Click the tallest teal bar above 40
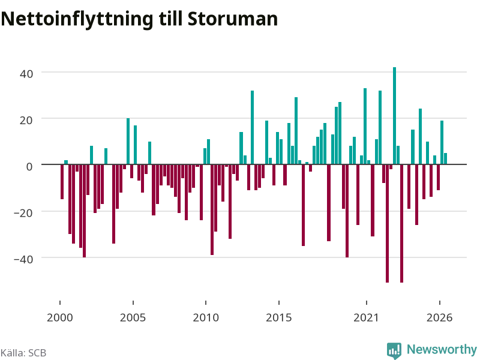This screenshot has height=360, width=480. click(x=394, y=116)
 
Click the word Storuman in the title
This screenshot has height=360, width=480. click(x=233, y=19)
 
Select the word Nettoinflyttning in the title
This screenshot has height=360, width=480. click(x=77, y=20)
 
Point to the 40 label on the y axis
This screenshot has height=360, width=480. click(x=26, y=74)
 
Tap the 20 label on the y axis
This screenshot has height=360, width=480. click(x=26, y=121)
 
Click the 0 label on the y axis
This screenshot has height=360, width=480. click(x=29, y=167)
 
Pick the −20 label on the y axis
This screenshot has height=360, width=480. click(x=23, y=213)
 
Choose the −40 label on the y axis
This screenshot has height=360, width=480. click(x=23, y=259)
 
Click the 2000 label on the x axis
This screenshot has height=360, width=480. click(x=59, y=317)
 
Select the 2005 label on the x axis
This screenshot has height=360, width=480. click(x=133, y=317)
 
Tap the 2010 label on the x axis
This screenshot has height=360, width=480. click(x=206, y=317)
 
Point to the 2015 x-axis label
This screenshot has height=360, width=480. click(x=278, y=317)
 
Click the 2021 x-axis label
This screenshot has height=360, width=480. click(x=366, y=317)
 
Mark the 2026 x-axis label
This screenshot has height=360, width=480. click(x=439, y=317)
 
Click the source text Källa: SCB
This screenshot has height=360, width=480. click(x=23, y=353)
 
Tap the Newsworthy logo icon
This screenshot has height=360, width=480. click(x=394, y=350)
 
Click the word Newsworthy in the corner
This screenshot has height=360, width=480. click(x=442, y=349)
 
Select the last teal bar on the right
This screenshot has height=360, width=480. click(x=445, y=158)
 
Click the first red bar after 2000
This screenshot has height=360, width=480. click(x=62, y=182)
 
